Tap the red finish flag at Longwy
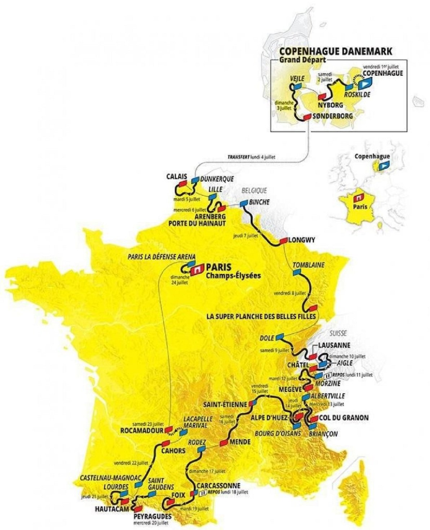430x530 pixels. [x=282, y=241]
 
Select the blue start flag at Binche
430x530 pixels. [x=244, y=202]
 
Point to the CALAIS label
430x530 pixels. [x=177, y=177]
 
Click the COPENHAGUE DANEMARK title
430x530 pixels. [x=336, y=51]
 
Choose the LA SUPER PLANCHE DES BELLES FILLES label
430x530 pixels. [x=261, y=316]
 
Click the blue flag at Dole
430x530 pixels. [x=280, y=337]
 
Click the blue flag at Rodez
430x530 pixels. [x=201, y=448]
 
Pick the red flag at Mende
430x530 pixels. [x=224, y=442]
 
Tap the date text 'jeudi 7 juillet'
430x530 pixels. [x=246, y=236]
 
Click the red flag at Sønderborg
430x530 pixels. [x=307, y=117]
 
